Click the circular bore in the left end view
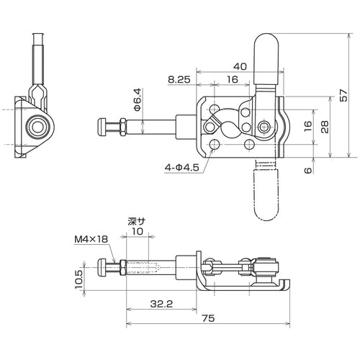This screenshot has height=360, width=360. coord(35,128)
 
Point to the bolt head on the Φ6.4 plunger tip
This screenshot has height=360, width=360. coord(102,128)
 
